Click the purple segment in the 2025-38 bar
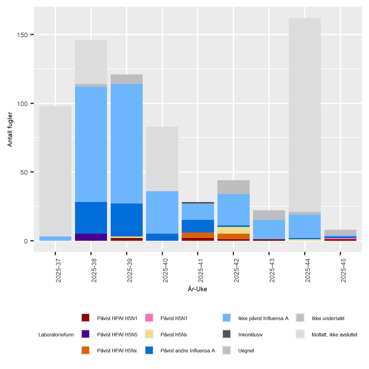(x=91, y=237)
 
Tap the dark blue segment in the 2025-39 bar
(x=127, y=220)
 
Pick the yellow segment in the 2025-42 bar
(x=233, y=230)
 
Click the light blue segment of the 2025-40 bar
(x=162, y=212)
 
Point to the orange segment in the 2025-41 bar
(x=198, y=235)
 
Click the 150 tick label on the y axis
(x=22, y=35)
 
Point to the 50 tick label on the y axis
(x=24, y=172)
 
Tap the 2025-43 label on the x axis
(x=272, y=271)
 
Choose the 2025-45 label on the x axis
(x=343, y=271)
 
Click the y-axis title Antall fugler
(x=10, y=129)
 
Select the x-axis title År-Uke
(x=197, y=289)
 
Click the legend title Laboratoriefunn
(x=56, y=335)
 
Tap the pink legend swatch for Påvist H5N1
(x=149, y=318)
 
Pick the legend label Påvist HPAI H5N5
(x=117, y=335)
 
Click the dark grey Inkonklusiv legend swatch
(x=227, y=334)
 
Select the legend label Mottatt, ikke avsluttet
(x=335, y=335)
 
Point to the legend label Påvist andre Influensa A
(x=188, y=351)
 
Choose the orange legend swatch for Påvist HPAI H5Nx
(x=85, y=350)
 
